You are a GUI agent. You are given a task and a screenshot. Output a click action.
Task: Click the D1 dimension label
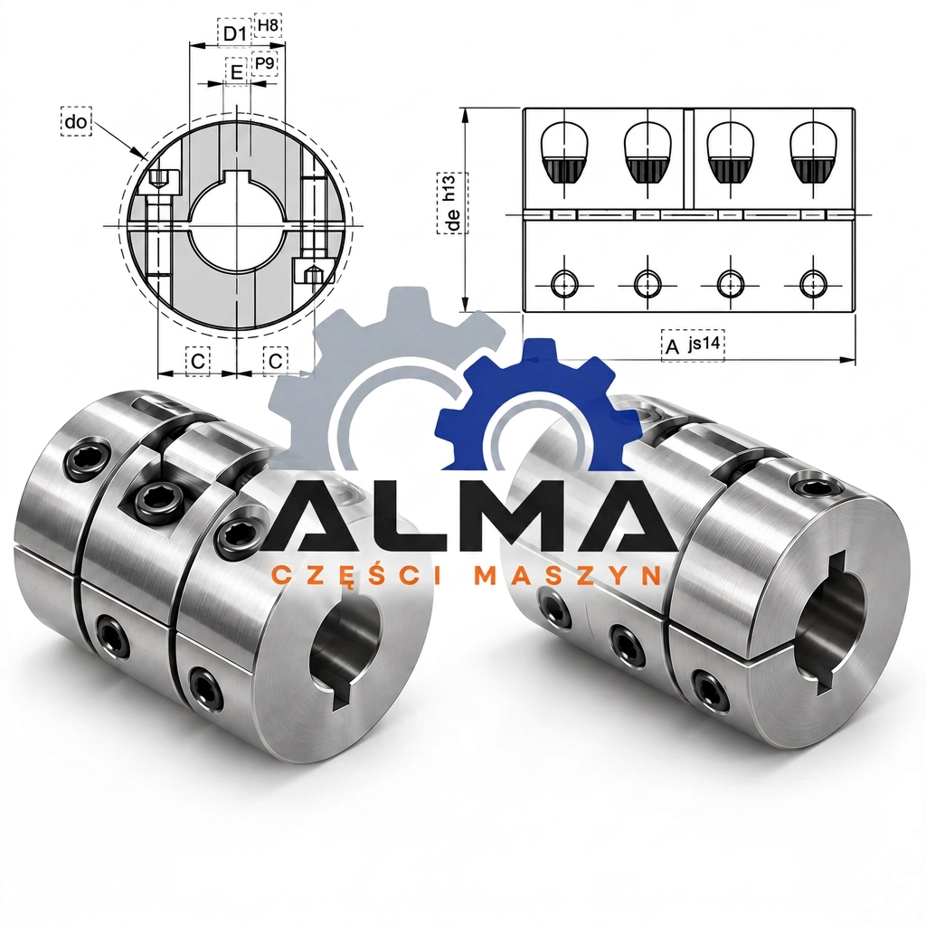click(235, 33)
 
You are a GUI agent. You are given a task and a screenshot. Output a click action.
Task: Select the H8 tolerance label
click(268, 25)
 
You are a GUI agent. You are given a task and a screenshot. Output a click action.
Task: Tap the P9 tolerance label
click(264, 63)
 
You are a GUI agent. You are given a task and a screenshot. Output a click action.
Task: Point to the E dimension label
click(236, 72)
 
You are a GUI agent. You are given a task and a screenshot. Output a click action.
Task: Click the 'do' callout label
click(76, 122)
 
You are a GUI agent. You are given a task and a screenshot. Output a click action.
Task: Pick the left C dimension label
click(198, 361)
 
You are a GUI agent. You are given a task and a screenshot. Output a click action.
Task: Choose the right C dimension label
click(275, 360)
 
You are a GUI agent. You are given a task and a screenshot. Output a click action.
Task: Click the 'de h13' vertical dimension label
click(452, 203)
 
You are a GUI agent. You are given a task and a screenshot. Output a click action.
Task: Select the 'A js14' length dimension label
click(693, 345)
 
